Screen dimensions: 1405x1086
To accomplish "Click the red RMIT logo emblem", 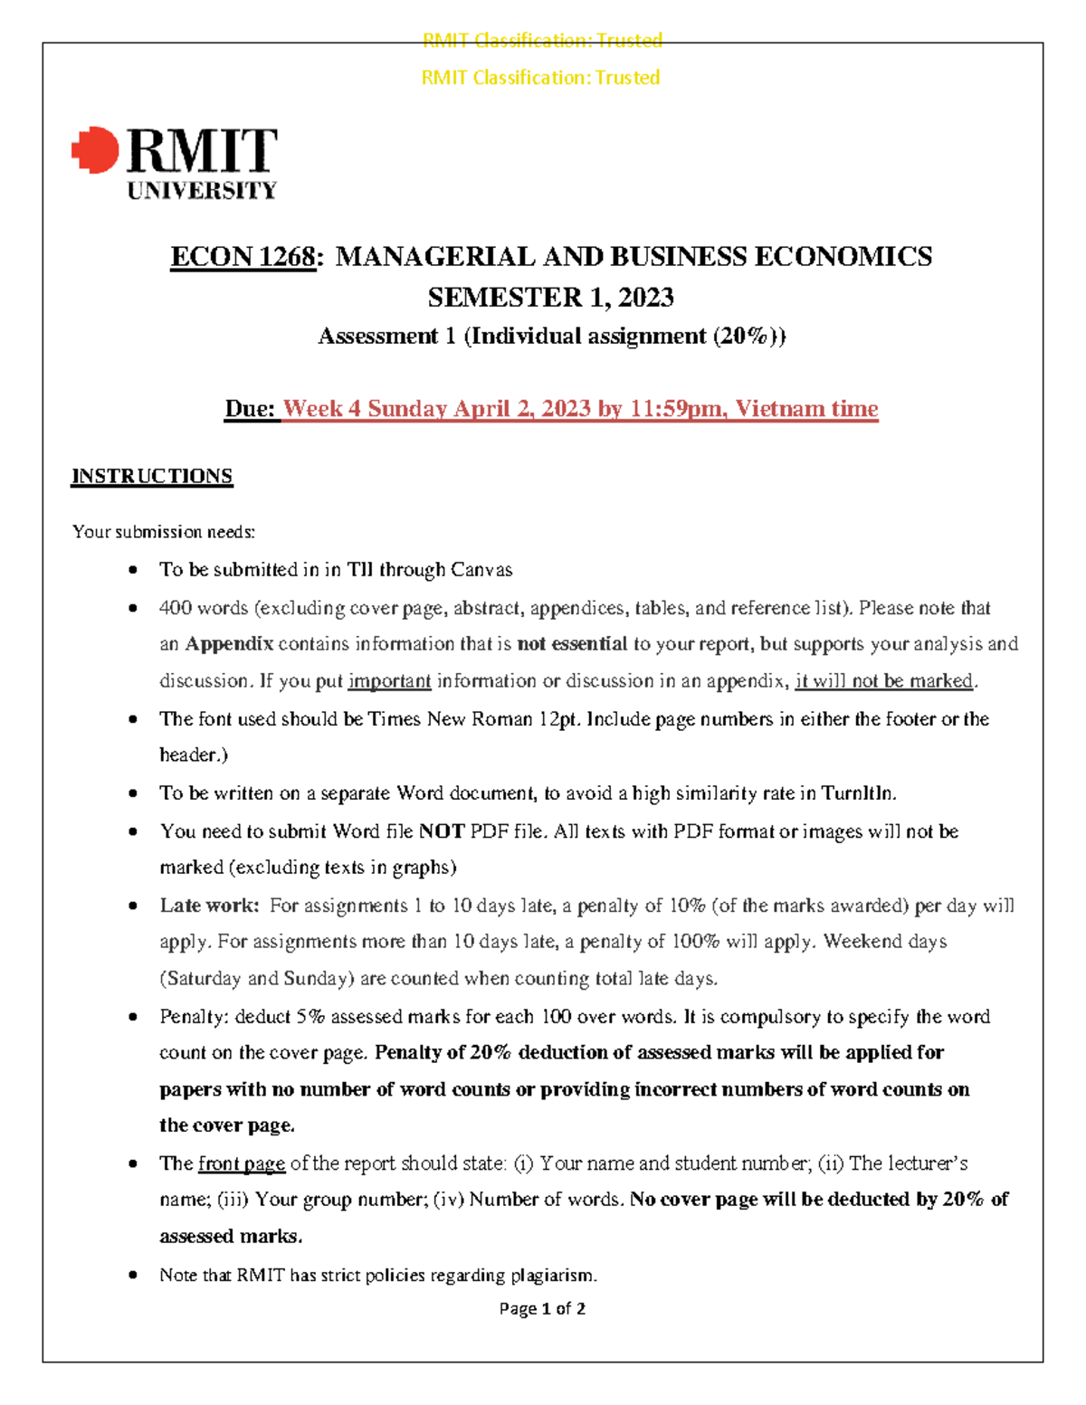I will click(96, 150).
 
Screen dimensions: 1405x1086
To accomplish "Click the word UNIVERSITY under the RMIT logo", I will click(202, 191).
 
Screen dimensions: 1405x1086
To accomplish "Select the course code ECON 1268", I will click(243, 257).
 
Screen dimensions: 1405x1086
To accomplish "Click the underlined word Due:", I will click(250, 409).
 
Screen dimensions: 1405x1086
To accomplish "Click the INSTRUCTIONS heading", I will click(152, 477).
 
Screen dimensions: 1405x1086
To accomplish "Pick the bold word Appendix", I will click(229, 644).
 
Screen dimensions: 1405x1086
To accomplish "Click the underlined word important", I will click(389, 681).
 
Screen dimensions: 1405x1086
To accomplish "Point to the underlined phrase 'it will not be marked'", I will click(883, 681).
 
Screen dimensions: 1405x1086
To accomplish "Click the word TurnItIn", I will click(858, 793).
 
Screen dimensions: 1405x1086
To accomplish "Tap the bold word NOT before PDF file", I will click(442, 831).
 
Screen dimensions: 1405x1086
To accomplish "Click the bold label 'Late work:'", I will click(209, 906).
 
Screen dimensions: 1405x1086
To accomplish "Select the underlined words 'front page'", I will click(242, 1163).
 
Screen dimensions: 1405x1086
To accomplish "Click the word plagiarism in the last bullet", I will click(553, 1276).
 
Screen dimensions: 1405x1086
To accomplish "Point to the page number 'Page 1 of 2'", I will click(542, 1309).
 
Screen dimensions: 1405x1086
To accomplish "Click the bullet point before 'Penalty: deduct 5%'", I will click(133, 1017).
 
